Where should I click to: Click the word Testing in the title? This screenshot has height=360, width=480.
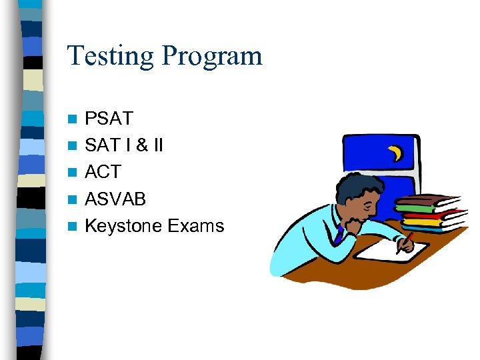pyautogui.click(x=111, y=56)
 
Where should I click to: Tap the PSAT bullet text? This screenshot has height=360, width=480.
pyautogui.click(x=109, y=119)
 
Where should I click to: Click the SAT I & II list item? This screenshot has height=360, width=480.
pyautogui.click(x=124, y=145)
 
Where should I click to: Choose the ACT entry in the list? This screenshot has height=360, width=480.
pyautogui.click(x=103, y=172)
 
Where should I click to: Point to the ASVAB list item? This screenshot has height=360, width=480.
pyautogui.click(x=115, y=199)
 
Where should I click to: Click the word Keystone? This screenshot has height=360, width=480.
pyautogui.click(x=123, y=226)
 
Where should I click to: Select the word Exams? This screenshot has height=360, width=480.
pyautogui.click(x=196, y=226)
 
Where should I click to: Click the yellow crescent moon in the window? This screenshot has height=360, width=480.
pyautogui.click(x=397, y=154)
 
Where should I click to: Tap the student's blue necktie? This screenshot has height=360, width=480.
pyautogui.click(x=340, y=233)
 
